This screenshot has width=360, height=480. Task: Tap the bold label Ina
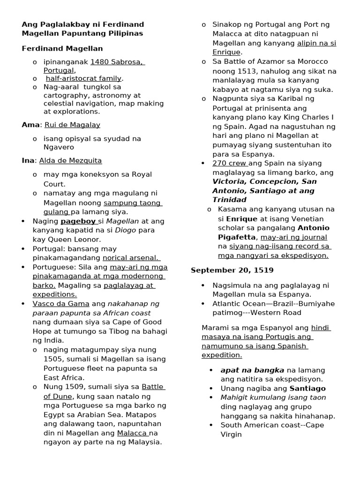click(28, 160)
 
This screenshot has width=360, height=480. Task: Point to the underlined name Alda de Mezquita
click(70, 160)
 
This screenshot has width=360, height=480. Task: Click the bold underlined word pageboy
click(78, 221)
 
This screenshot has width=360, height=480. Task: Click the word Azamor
click(268, 62)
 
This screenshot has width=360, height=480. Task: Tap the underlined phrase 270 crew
click(229, 163)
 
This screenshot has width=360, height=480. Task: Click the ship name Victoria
click(229, 181)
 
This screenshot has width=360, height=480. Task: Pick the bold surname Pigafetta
click(237, 237)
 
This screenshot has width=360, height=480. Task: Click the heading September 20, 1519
click(232, 270)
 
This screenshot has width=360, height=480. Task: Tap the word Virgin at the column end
click(231, 435)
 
